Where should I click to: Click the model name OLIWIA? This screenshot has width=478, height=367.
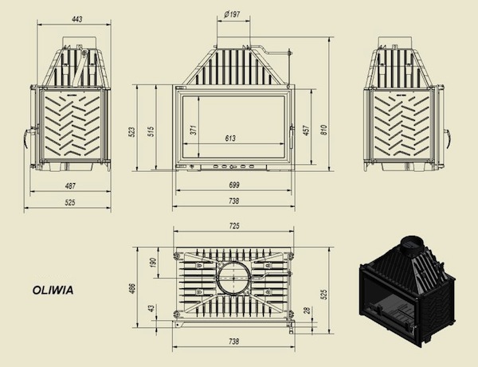(53, 290)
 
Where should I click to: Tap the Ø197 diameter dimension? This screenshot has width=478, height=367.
(232, 14)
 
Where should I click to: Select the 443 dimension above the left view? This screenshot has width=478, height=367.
(77, 19)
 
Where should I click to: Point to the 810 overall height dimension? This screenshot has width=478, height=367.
(323, 130)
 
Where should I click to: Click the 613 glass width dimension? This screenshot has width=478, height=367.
(230, 139)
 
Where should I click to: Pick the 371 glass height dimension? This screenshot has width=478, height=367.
(194, 130)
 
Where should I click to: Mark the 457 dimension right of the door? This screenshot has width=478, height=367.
(307, 130)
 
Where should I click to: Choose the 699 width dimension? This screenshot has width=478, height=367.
(233, 185)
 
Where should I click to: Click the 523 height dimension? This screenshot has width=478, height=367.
(132, 132)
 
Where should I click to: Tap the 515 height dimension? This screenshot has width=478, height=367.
(151, 131)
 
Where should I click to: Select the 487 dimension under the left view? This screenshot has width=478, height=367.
(70, 185)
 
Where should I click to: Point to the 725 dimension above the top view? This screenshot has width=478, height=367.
(233, 226)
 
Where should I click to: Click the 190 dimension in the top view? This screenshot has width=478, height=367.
(153, 263)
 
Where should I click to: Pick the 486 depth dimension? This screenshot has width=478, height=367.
(132, 288)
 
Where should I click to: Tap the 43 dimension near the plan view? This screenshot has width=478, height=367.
(151, 309)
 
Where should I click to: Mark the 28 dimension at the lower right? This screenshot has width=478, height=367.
(308, 310)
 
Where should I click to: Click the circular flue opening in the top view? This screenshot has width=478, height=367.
(233, 277)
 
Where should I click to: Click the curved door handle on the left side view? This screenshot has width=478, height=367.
(26, 138)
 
